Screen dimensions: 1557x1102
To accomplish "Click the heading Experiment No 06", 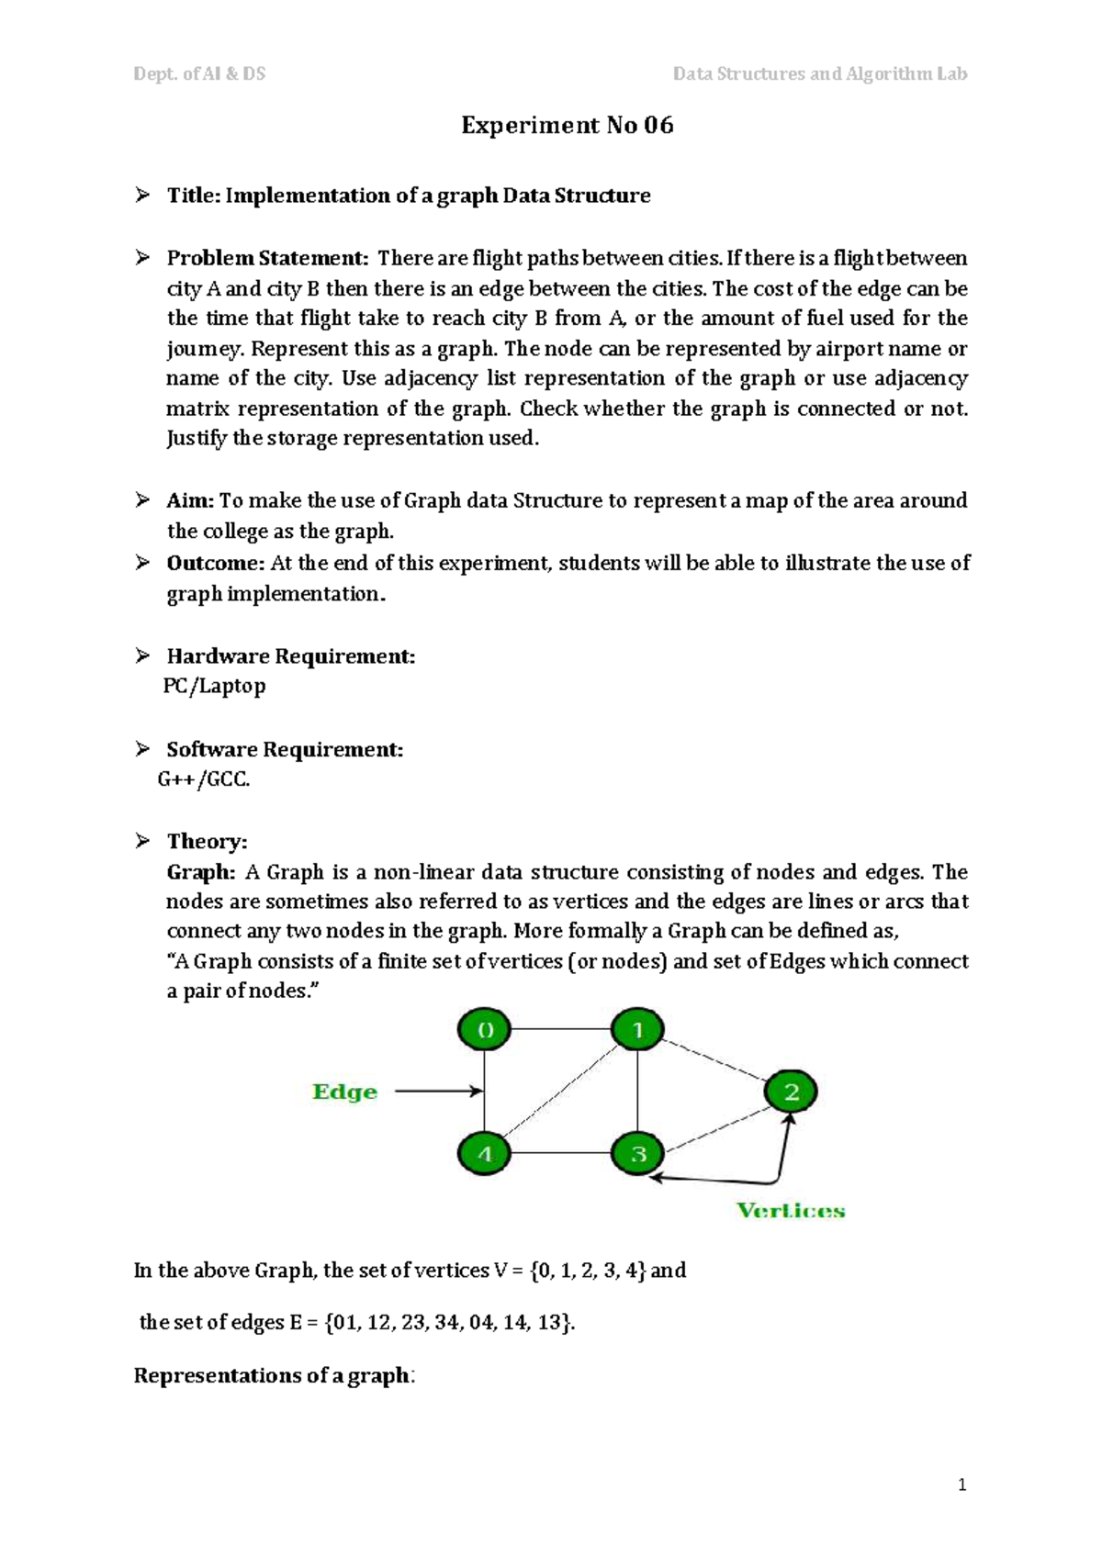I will [x=567, y=125].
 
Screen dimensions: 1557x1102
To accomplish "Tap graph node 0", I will [x=485, y=1030].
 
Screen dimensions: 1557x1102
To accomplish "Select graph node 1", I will [x=638, y=1030].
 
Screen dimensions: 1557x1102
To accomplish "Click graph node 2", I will [x=791, y=1092].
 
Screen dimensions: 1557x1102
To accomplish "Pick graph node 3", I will [x=638, y=1153].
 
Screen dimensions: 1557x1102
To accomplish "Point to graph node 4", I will [x=485, y=1153].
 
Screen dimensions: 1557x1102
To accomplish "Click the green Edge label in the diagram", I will [x=344, y=1092].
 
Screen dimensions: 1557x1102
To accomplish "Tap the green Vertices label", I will [x=791, y=1210].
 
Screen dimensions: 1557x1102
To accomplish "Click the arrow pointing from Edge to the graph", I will [x=438, y=1092].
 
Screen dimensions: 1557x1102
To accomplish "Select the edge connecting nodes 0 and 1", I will [x=561, y=1030].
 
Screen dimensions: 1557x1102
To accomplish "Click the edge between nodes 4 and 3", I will [x=561, y=1153].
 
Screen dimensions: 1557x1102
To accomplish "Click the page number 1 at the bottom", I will [x=961, y=1485].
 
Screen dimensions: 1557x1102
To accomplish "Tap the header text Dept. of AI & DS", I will [x=199, y=73].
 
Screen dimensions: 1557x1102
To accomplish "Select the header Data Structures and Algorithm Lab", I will [x=819, y=73].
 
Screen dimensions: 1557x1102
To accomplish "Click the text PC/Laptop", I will [x=214, y=686].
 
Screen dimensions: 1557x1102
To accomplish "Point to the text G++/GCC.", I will [x=204, y=779].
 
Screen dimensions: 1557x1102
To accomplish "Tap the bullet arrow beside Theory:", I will [x=142, y=840].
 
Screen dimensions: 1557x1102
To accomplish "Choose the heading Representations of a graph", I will [x=272, y=1375].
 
